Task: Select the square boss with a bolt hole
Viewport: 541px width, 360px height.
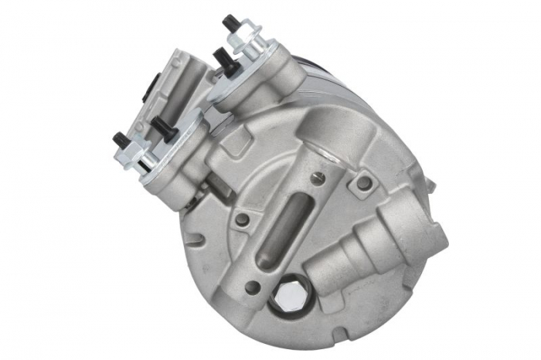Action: [362, 183]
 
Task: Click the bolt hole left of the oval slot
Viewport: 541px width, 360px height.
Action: [243, 219]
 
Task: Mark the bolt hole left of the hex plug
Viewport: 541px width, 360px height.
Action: [251, 287]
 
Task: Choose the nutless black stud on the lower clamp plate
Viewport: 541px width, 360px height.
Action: [163, 124]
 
